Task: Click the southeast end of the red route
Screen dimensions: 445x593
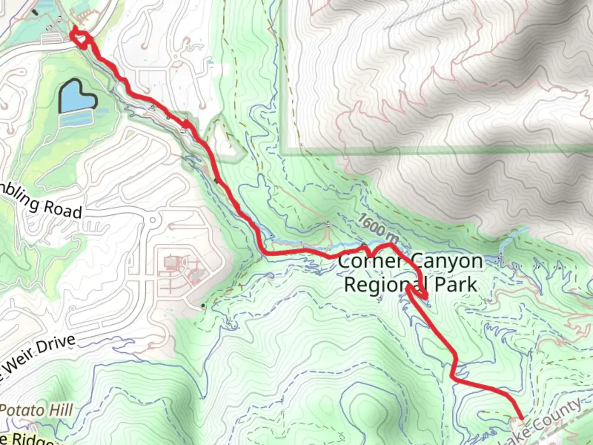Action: [522, 419]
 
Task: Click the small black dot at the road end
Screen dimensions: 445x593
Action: [203, 305]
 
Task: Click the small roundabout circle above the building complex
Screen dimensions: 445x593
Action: [154, 219]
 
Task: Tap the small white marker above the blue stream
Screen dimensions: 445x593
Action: [328, 225]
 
